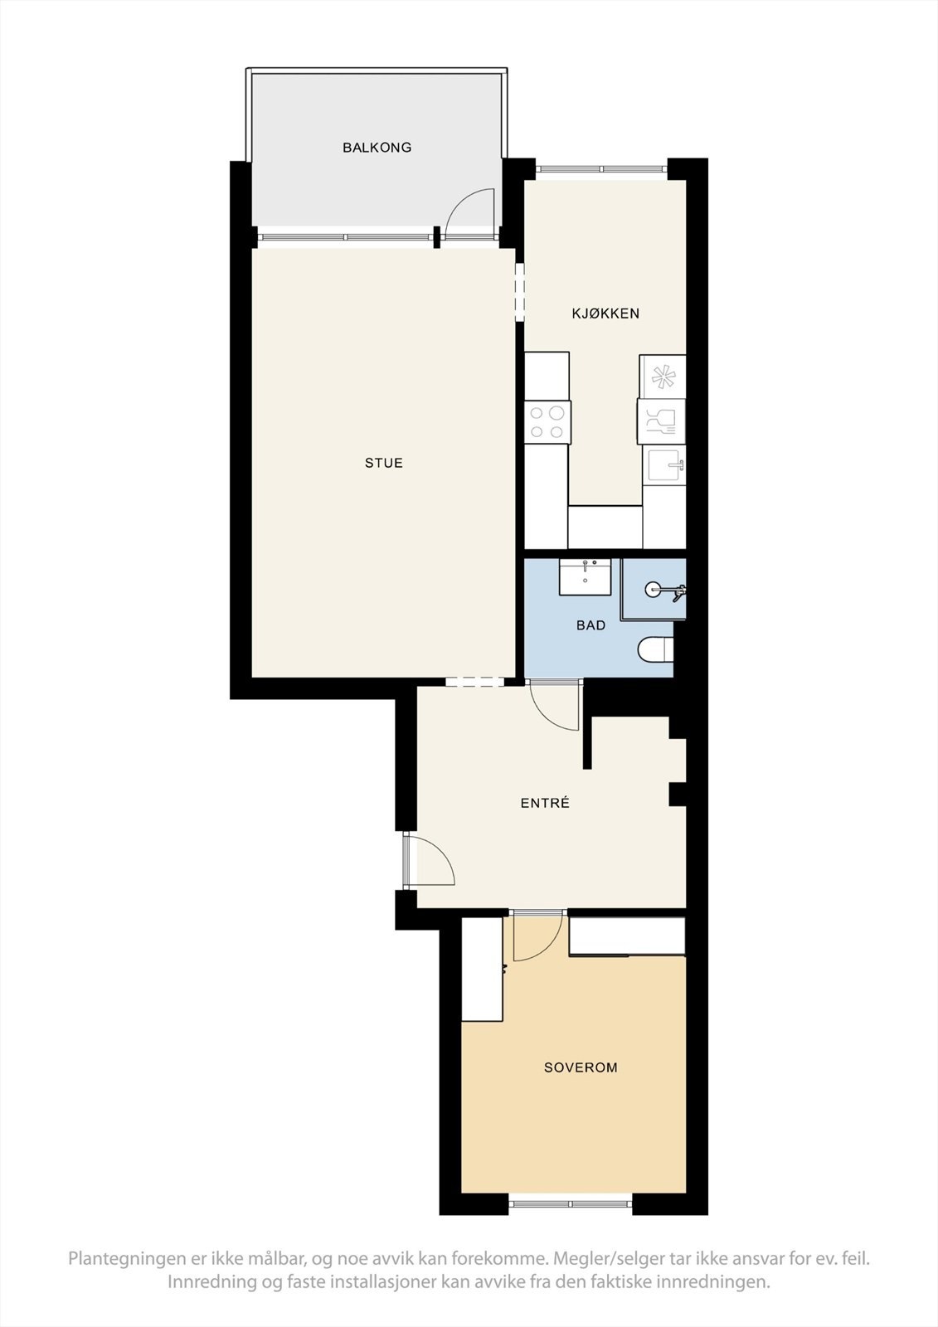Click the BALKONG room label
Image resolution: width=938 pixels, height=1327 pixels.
click(377, 148)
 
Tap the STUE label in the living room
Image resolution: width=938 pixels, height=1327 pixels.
click(383, 463)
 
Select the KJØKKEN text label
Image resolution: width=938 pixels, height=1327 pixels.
click(605, 314)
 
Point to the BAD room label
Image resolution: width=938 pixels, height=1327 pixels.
click(591, 625)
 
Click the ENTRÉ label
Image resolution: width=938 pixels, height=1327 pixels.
click(545, 803)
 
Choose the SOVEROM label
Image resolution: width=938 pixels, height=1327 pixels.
click(581, 1067)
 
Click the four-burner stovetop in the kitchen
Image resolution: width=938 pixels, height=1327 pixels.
click(547, 420)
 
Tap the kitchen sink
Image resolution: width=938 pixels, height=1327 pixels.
click(664, 465)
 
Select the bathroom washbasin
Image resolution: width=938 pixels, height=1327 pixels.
click(586, 576)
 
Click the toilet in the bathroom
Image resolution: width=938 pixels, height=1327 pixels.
click(655, 649)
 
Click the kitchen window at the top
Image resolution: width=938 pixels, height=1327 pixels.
click(601, 169)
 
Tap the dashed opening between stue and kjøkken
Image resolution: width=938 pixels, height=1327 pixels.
click(520, 292)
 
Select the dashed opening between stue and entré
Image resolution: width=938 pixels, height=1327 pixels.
click(474, 682)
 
